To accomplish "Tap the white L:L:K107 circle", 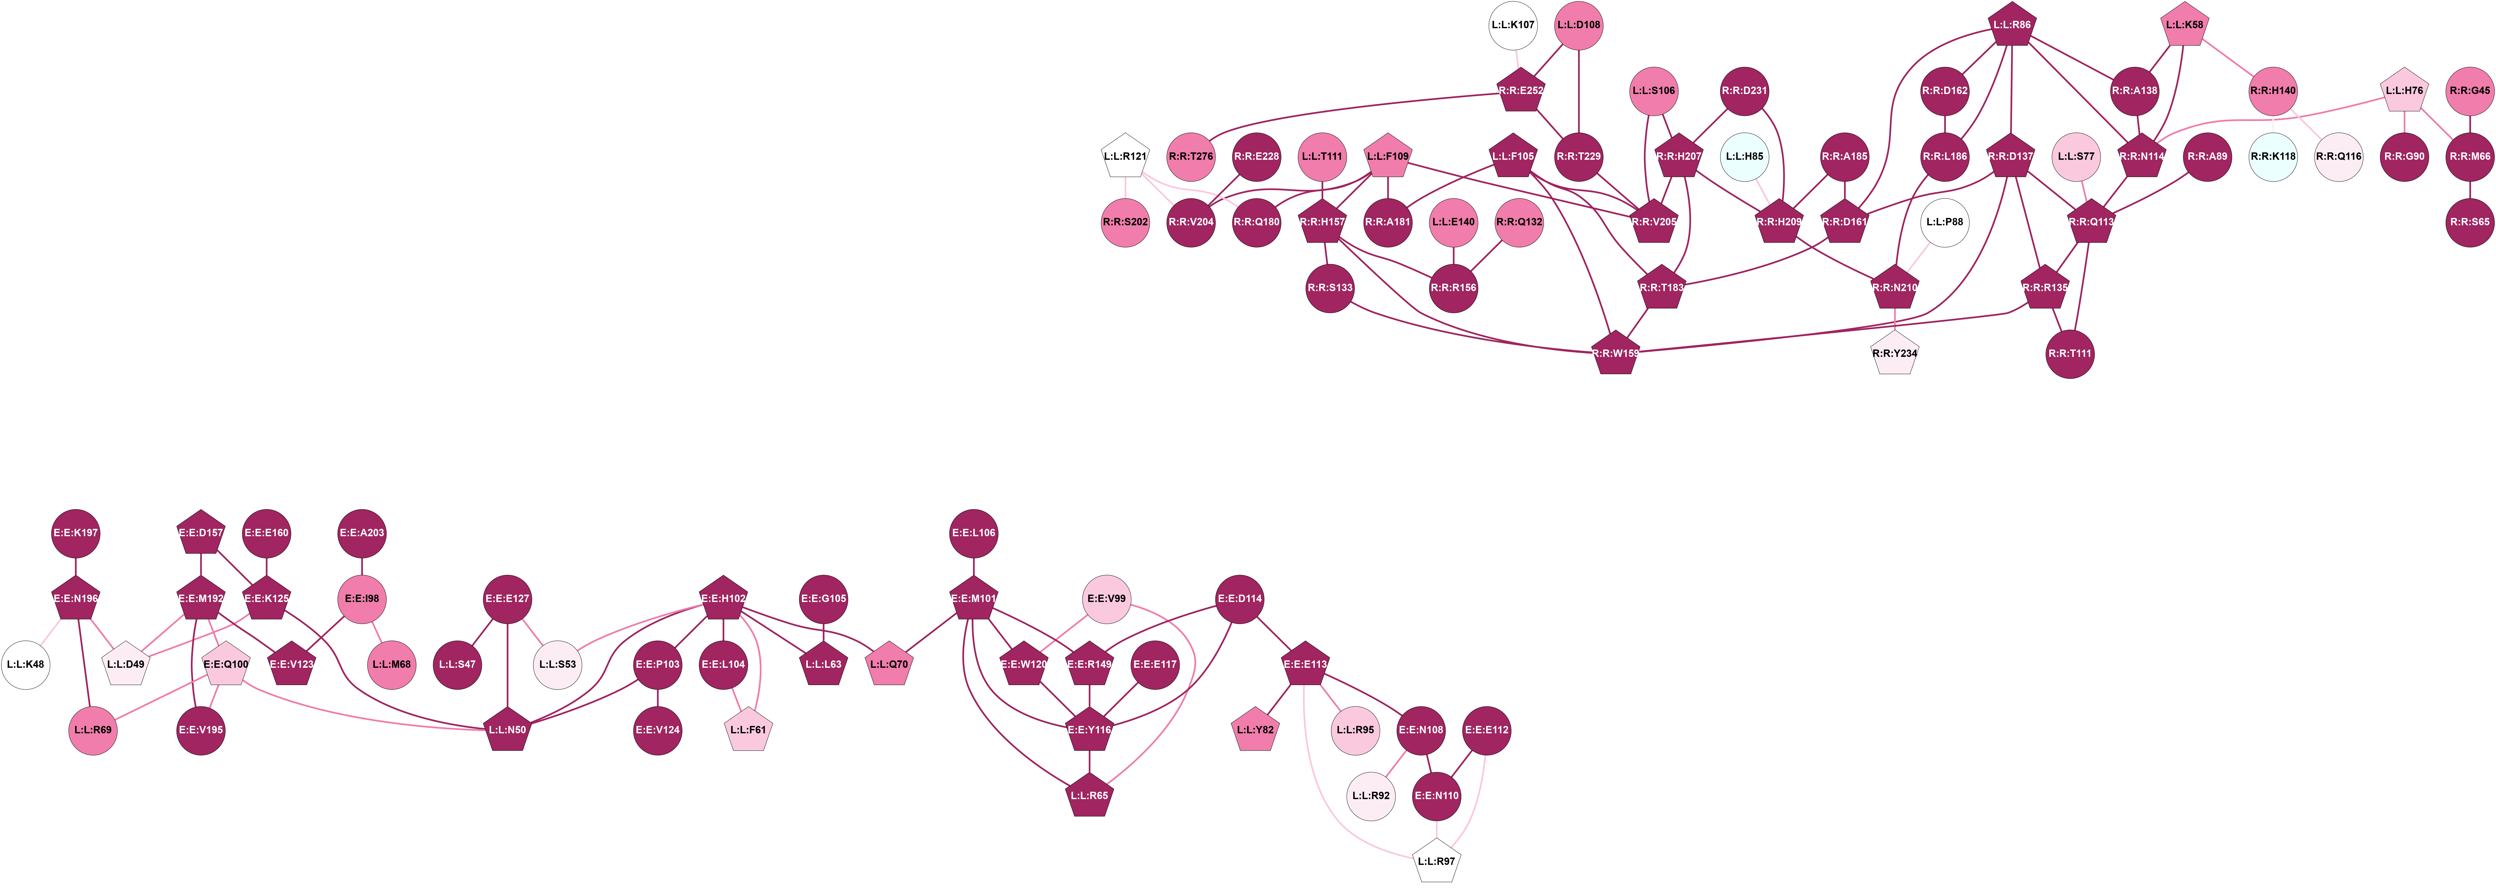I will pyautogui.click(x=1513, y=25).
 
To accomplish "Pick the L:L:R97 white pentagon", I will pyautogui.click(x=1436, y=861).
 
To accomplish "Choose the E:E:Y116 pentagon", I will pyautogui.click(x=1089, y=730).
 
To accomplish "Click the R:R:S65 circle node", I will pyautogui.click(x=2470, y=222).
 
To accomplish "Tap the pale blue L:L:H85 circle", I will pyautogui.click(x=1744, y=156).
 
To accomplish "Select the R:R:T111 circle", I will pyautogui.click(x=2070, y=354).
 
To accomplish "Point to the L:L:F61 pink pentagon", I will pyautogui.click(x=748, y=730).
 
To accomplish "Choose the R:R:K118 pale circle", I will pyautogui.click(x=2272, y=156).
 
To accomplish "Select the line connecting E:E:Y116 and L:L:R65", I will pyautogui.click(x=1089, y=763).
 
